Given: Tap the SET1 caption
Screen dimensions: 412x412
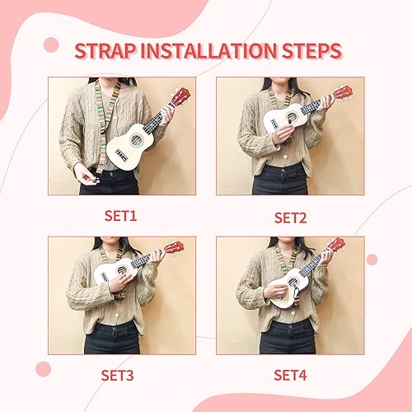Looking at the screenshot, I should click(120, 217).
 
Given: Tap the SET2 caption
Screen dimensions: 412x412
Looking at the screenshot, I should click(290, 218).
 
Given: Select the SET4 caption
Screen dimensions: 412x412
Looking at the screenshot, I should click(290, 376).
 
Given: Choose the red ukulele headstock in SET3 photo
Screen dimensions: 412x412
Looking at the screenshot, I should click(174, 246).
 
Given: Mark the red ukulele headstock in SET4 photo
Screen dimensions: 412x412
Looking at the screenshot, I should click(336, 245).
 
